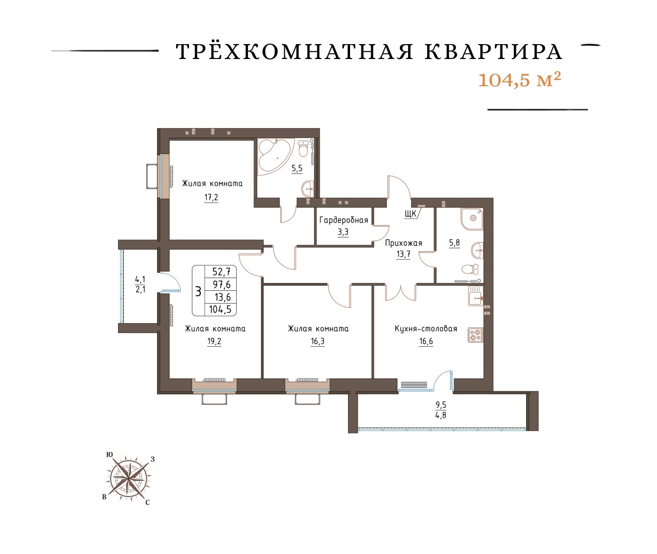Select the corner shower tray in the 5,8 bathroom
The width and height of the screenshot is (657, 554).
(x=471, y=219)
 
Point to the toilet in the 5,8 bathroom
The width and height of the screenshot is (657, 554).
(x=470, y=269)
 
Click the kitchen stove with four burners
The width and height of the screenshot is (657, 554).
(x=475, y=335)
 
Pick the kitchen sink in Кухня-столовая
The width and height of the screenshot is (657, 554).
(x=475, y=296)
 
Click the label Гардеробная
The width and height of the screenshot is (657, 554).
(x=343, y=220)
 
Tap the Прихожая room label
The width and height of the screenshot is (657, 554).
(x=403, y=243)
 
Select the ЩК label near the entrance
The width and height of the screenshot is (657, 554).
(x=411, y=214)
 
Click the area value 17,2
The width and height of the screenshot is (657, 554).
(x=211, y=198)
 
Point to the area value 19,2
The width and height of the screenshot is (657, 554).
(x=214, y=342)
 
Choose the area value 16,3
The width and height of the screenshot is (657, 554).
(x=318, y=342)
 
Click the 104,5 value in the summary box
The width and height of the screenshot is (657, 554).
(x=220, y=309)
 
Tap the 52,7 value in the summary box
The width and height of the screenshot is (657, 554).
(x=222, y=271)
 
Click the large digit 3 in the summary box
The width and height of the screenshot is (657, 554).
(x=198, y=292)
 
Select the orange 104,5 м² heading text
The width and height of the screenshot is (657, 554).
(x=520, y=80)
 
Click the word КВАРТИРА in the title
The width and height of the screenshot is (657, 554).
(x=493, y=52)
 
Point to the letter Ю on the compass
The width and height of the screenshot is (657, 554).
(x=109, y=454)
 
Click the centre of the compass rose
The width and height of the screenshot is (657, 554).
(x=129, y=479)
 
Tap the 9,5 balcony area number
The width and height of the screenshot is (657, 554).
(x=441, y=405)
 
